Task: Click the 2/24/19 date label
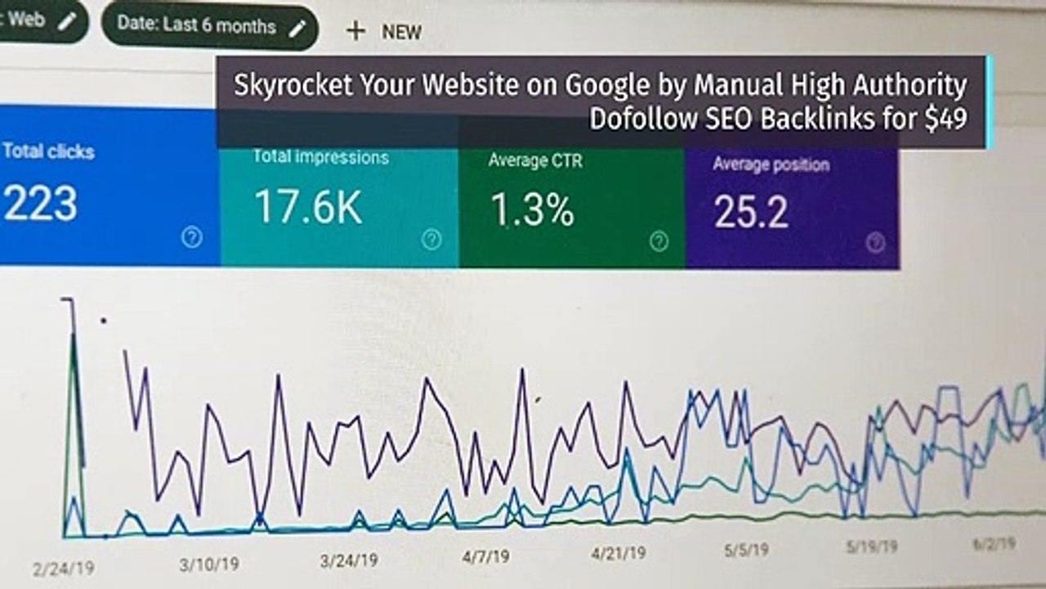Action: (x=64, y=569)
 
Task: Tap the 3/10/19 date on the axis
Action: (x=209, y=564)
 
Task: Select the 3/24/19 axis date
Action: (x=349, y=560)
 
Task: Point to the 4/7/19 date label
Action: (x=485, y=556)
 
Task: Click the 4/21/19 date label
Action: (x=619, y=554)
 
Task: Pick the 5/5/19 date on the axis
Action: (x=746, y=550)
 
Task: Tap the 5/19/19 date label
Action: (x=872, y=546)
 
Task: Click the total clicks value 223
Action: (x=40, y=203)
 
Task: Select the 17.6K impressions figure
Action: (x=308, y=207)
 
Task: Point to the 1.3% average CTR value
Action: (x=532, y=210)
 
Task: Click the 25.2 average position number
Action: (x=751, y=212)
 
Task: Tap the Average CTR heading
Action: (x=535, y=160)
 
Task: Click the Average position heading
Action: (x=771, y=164)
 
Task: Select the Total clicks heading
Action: (x=48, y=151)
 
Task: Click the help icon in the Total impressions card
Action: (x=431, y=240)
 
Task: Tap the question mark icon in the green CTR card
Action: (x=659, y=241)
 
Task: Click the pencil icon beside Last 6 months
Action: (x=297, y=29)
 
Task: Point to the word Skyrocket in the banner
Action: (x=293, y=86)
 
